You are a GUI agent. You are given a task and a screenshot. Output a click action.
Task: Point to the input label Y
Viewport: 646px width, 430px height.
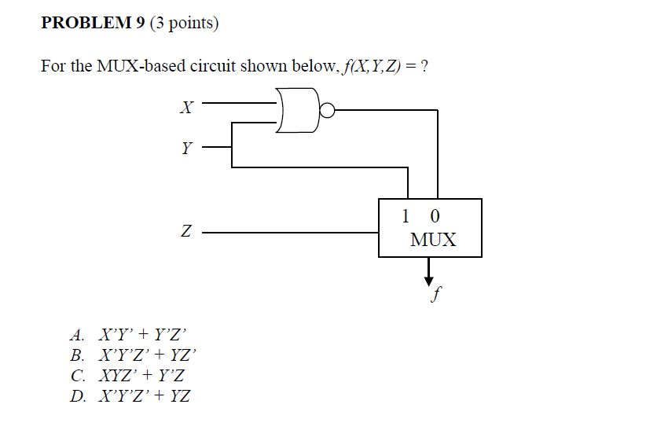tap(186, 148)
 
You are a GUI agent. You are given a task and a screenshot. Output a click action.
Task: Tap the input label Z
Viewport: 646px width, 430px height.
tap(185, 233)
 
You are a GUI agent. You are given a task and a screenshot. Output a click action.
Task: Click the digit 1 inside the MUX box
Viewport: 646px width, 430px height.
tap(406, 215)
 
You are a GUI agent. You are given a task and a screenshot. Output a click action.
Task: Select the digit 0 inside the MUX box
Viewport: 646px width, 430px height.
tap(435, 215)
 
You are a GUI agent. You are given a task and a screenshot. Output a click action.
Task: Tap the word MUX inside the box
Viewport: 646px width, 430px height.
tap(432, 240)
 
